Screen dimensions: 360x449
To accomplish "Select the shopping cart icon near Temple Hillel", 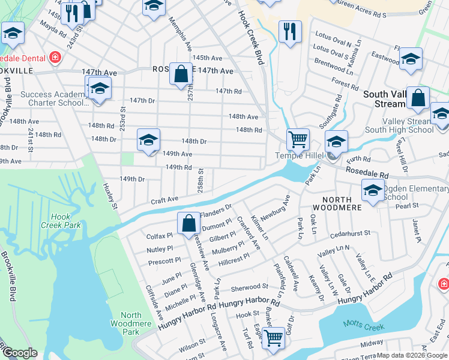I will coord(298,139).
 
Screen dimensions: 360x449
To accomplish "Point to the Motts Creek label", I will coord(362,324).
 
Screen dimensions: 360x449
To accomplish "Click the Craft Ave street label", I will coord(164,199).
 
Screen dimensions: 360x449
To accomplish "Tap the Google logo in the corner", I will coord(20,353).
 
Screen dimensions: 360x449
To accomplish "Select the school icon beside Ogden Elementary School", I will coord(373,190).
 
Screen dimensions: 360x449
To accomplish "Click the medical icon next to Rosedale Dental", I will coord(55,58).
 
